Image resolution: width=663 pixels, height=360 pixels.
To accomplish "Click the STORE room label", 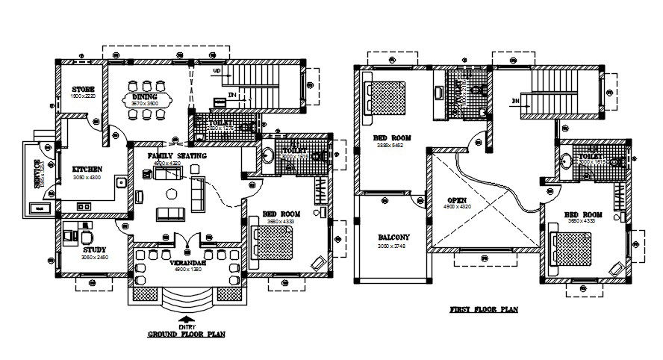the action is [x=83, y=89].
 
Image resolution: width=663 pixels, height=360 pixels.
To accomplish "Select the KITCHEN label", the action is [x=87, y=169].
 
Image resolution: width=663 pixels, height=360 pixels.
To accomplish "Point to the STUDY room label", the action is [x=93, y=249].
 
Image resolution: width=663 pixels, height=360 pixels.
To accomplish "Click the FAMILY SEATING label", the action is [x=167, y=155].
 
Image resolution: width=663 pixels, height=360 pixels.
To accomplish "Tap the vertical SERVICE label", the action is [x=34, y=175].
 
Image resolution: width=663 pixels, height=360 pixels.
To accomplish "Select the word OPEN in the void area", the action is [x=457, y=199].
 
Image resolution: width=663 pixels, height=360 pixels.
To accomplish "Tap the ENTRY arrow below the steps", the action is [x=184, y=319].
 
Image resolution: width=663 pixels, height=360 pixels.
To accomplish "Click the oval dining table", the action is [x=146, y=100].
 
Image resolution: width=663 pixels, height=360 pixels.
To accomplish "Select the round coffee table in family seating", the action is [x=171, y=193].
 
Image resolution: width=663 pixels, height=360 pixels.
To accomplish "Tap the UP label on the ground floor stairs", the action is [x=217, y=71].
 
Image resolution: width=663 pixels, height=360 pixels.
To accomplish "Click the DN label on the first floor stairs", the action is [x=516, y=99].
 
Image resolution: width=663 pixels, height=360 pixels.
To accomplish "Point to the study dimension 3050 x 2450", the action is [x=94, y=257].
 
